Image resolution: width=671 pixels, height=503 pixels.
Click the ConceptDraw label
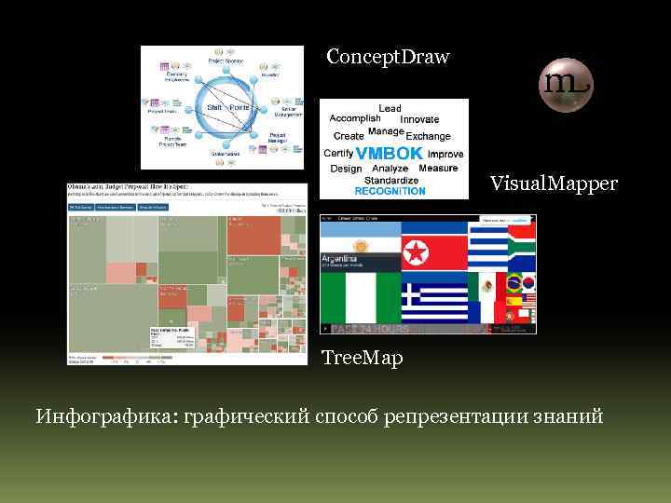pyautogui.click(x=388, y=58)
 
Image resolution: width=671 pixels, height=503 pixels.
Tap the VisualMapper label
pyautogui.click(x=554, y=184)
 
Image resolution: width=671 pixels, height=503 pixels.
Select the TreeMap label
pyautogui.click(x=363, y=358)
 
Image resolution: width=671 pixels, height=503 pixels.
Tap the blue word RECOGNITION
pyautogui.click(x=390, y=191)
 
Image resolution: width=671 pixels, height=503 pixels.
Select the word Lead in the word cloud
pyautogui.click(x=390, y=109)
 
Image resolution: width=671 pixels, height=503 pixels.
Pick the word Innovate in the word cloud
pyautogui.click(x=419, y=119)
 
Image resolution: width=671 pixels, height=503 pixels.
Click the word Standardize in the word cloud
pyautogui.click(x=390, y=180)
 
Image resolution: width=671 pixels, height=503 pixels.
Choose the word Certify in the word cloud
pyautogui.click(x=337, y=153)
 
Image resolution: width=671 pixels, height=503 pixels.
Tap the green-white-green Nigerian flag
pyautogui.click(x=360, y=297)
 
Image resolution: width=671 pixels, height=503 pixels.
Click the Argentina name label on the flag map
pyautogui.click(x=339, y=258)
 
